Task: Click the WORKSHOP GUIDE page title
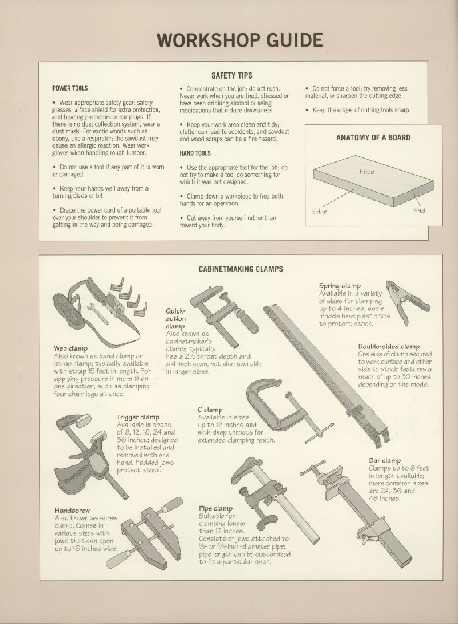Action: click(240, 40)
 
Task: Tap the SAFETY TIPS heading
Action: click(232, 75)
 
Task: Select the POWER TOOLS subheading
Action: click(70, 88)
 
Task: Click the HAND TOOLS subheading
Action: click(195, 153)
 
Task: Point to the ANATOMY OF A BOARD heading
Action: click(373, 137)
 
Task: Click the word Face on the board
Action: click(366, 172)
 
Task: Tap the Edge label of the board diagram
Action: click(319, 212)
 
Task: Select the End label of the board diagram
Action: click(419, 211)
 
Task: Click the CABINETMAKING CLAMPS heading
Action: click(241, 269)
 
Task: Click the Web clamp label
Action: click(71, 348)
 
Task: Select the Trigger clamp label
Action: click(138, 417)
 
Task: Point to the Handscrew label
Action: click(72, 511)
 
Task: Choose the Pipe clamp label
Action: click(216, 509)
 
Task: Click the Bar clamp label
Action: click(385, 461)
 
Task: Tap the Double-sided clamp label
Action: click(389, 346)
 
